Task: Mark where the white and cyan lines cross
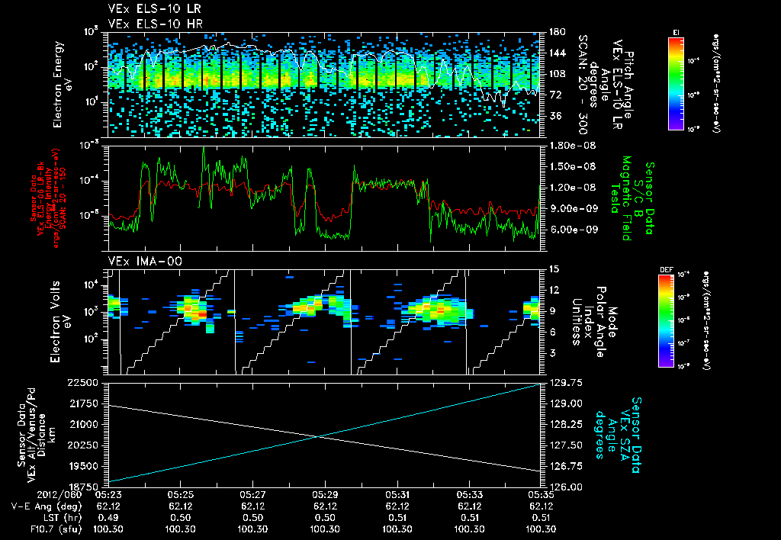tap(317, 436)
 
